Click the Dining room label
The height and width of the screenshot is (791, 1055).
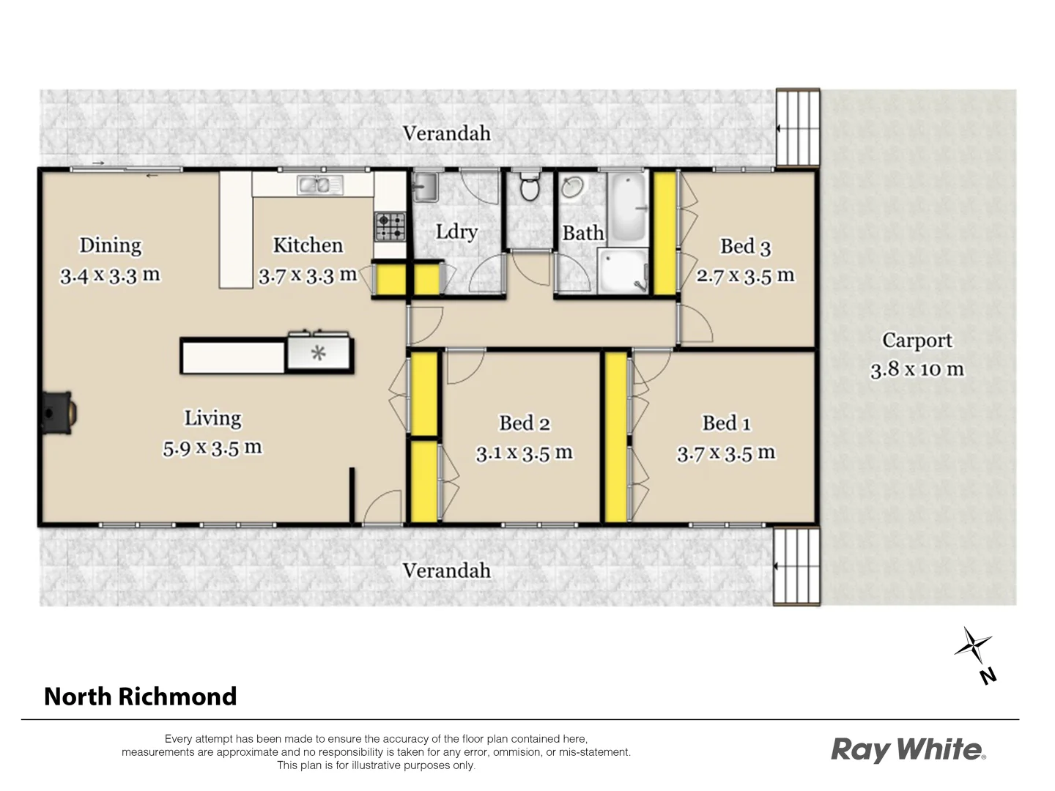(111, 245)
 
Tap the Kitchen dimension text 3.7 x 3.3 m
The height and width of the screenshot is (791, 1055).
(308, 276)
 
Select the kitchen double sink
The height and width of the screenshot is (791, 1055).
(320, 185)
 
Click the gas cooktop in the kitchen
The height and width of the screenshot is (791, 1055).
(390, 226)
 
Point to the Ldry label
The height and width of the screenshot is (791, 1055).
(456, 232)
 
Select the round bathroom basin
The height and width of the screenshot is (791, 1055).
(572, 188)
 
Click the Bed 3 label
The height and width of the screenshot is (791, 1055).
(745, 247)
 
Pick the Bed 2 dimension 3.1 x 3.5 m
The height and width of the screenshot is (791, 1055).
(524, 453)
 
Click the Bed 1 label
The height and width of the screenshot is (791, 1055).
(726, 423)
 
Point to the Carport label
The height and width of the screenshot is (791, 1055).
(917, 341)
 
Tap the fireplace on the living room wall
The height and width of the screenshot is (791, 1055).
(57, 414)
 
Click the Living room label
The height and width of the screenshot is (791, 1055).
(212, 418)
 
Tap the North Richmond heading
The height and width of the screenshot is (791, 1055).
(141, 696)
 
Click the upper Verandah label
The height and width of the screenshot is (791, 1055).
(446, 134)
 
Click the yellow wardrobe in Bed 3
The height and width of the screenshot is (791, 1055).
(665, 232)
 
